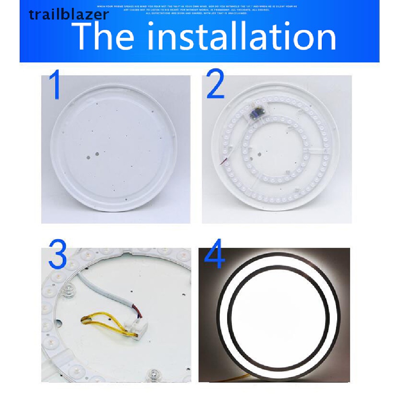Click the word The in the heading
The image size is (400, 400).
[x=104, y=37]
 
